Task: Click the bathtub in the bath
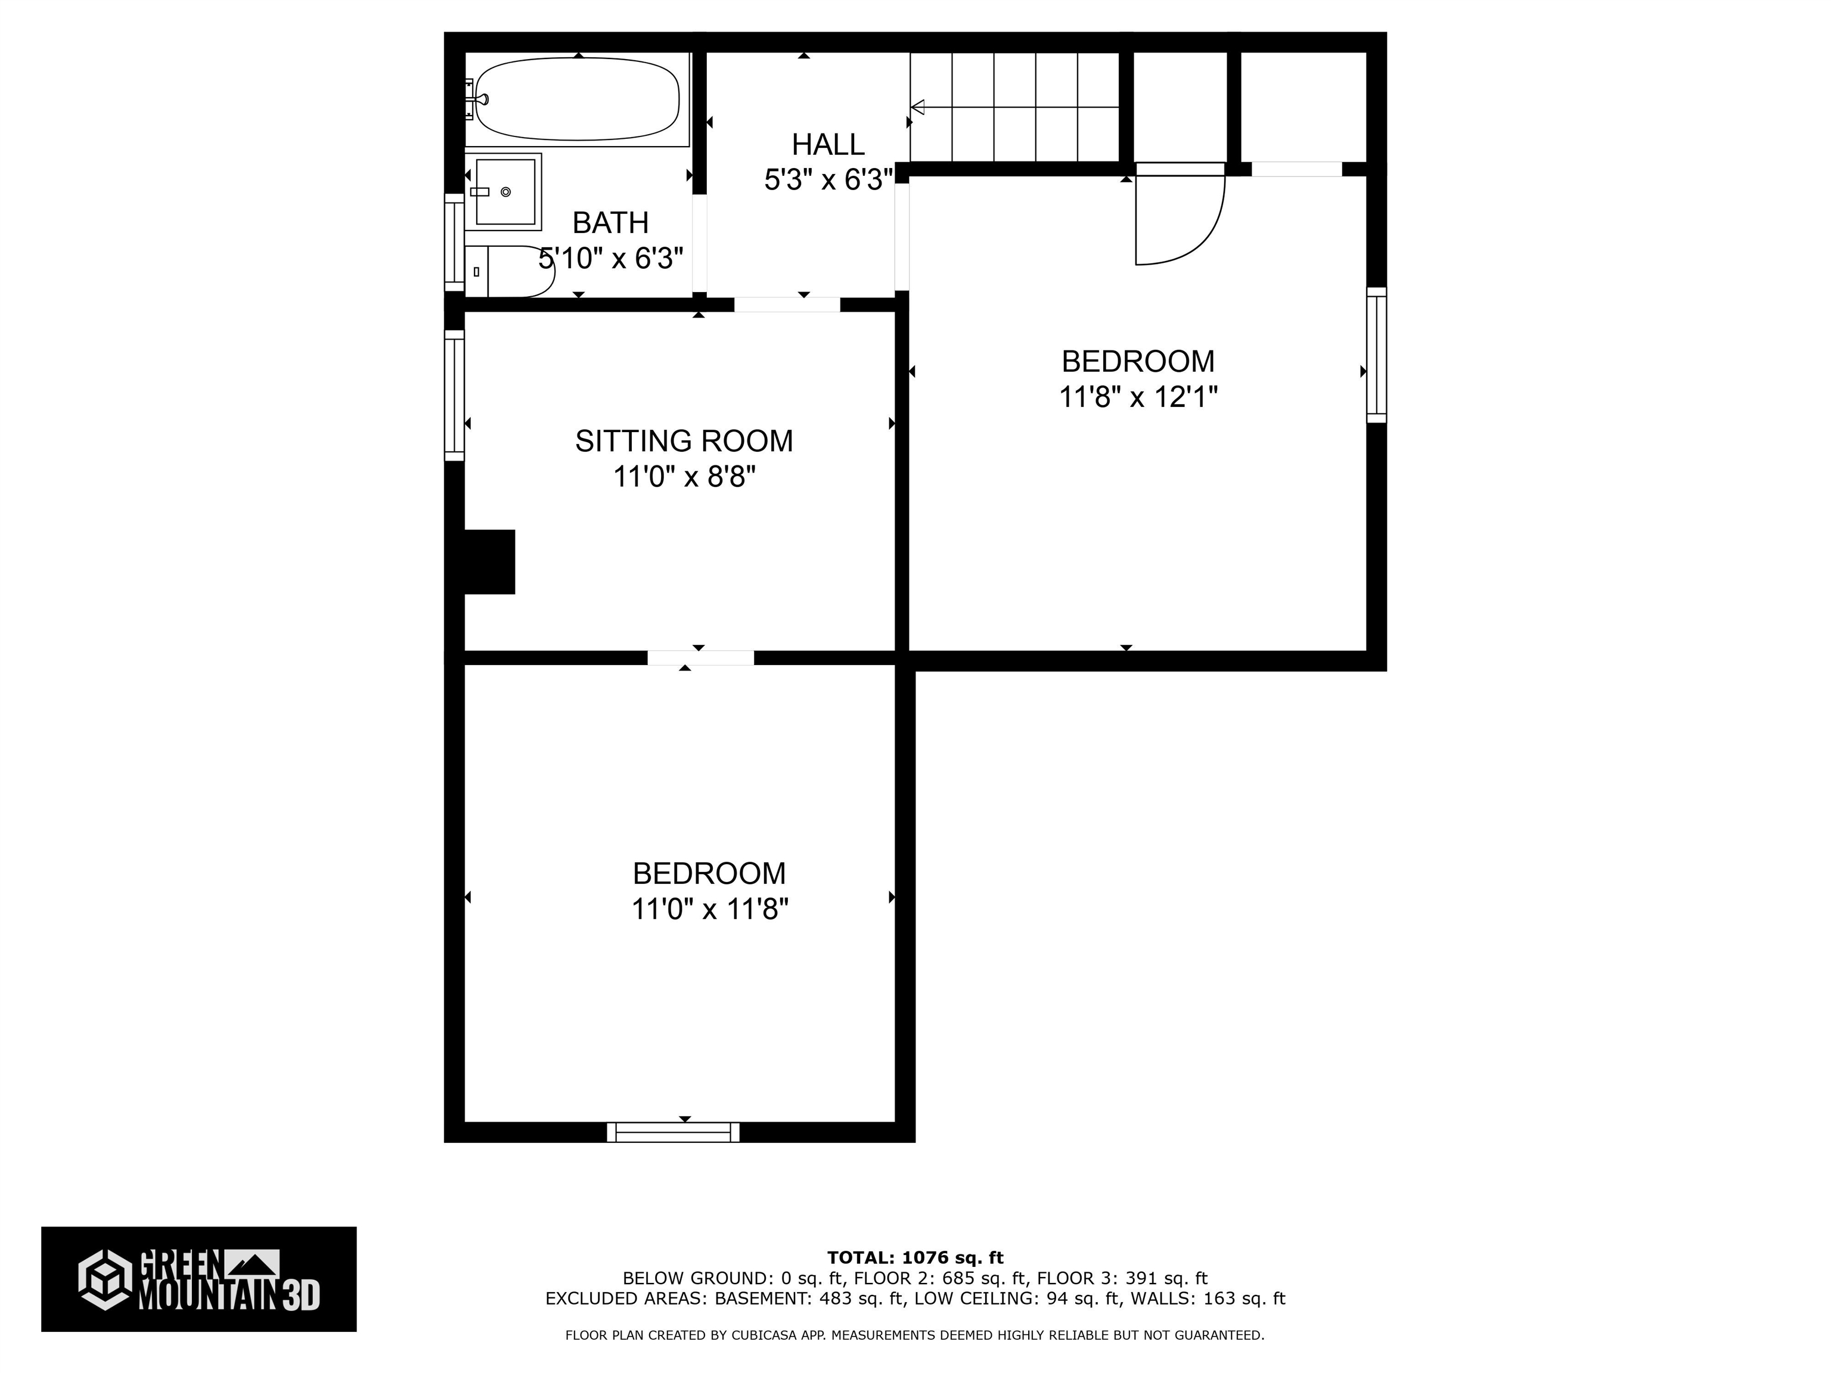[x=577, y=100]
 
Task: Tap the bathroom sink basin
[x=505, y=192]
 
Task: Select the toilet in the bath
[x=509, y=271]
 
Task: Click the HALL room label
[x=828, y=145]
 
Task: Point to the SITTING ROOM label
[x=684, y=441]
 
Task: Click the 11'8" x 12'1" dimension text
[x=1138, y=397]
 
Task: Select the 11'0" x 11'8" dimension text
[x=709, y=909]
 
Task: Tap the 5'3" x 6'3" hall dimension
[x=828, y=179]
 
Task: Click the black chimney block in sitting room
[x=489, y=562]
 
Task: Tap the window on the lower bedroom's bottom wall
[x=673, y=1132]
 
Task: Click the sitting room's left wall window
[x=454, y=394]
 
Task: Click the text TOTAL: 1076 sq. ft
[x=915, y=1258]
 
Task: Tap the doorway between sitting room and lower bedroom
[x=700, y=658]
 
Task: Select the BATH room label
[x=611, y=223]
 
